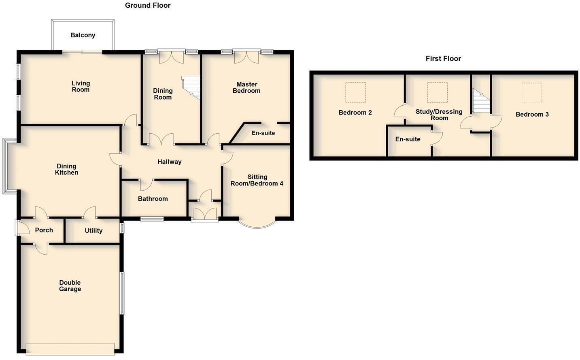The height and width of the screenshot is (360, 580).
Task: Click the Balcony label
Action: click(83, 35)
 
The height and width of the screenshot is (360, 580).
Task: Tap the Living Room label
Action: click(81, 86)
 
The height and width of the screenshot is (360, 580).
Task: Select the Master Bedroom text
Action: click(246, 87)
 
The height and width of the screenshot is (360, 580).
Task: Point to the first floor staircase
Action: click(481, 102)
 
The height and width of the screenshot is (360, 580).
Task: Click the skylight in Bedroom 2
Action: click(355, 92)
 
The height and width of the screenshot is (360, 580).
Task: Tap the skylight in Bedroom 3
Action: click(531, 93)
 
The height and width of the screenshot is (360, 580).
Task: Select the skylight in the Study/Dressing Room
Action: click(437, 93)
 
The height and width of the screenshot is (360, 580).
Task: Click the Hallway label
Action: click(169, 162)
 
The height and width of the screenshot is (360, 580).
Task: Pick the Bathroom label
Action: click(153, 199)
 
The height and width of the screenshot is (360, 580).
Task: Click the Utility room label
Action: click(93, 231)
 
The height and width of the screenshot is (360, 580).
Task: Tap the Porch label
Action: click(44, 230)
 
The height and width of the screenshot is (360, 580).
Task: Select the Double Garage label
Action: click(70, 286)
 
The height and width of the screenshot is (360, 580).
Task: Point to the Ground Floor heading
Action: click(148, 5)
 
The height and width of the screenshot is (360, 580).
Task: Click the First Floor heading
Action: click(443, 59)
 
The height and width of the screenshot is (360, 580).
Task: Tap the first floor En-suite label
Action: click(408, 139)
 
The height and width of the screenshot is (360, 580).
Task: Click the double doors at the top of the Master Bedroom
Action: click(246, 57)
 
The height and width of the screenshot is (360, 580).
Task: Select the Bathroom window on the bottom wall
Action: click(152, 219)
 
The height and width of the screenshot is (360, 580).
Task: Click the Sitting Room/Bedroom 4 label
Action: click(257, 180)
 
